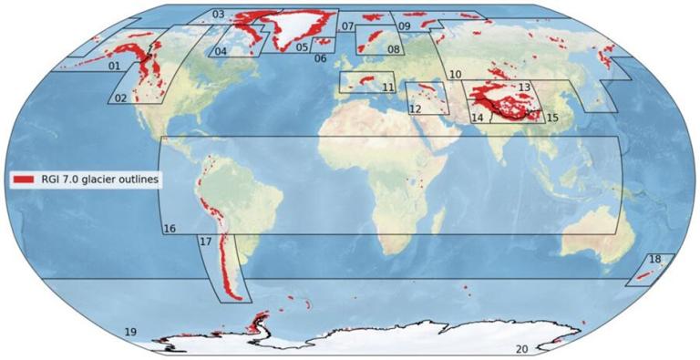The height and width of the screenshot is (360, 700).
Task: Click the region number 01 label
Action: pos(114,67)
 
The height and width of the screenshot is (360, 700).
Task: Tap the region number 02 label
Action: pos(120,98)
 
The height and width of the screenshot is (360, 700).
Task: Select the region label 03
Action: pos(218,15)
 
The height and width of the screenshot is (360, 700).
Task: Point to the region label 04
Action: pos(221,52)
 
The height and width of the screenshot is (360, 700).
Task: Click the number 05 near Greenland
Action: pos(302,47)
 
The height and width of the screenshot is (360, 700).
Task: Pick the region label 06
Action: pos(320,58)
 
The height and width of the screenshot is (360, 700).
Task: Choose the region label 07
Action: pos(347,26)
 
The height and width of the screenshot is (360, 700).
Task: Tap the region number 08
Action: pos(394,49)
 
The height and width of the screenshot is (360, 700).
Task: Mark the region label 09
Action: pos(404,27)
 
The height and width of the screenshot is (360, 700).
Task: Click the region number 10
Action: pos(456,74)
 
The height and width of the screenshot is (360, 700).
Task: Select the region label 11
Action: pos(388,87)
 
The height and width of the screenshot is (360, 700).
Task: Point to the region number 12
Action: pos(415,109)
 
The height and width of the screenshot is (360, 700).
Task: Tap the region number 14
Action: pos(477,118)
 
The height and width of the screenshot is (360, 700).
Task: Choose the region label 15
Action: pos(551,118)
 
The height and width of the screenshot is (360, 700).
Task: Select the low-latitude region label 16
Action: pos(170,228)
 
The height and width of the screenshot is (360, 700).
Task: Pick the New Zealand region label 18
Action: pos(654,260)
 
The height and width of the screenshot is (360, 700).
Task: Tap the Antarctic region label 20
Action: pos(522,349)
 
